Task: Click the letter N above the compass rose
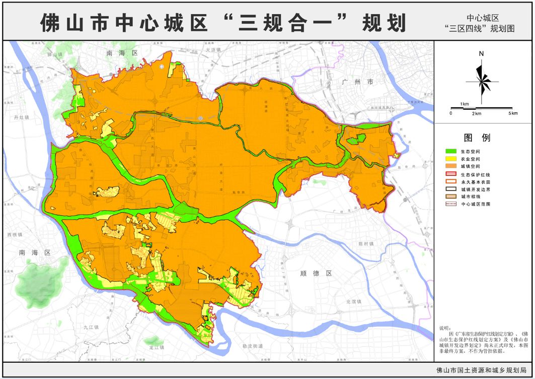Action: click(482, 54)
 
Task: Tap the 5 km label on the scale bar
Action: click(513, 113)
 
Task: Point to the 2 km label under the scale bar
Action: click(476, 113)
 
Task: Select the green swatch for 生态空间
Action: click(451, 151)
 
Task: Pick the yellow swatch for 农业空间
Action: click(451, 159)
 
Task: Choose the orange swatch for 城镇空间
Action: click(451, 166)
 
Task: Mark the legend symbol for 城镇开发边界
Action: click(451, 189)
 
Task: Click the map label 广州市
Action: click(357, 81)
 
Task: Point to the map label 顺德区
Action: click(324, 273)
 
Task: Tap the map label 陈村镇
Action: click(366, 244)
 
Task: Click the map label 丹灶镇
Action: click(22, 117)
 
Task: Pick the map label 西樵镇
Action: click(15, 235)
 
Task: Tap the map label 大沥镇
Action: click(213, 50)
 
